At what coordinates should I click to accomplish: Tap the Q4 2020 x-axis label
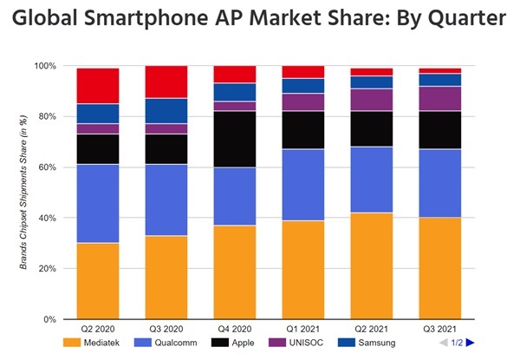pyautogui.click(x=235, y=331)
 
